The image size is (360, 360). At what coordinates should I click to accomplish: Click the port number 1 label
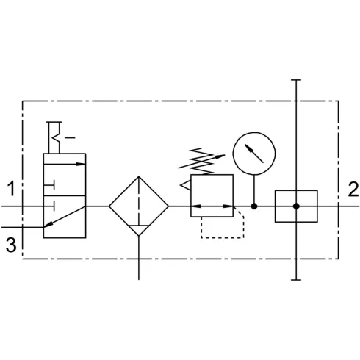pos(11,189)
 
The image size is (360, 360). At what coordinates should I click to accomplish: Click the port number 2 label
pos(353,190)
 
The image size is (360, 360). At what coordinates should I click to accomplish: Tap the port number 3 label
pos(11,245)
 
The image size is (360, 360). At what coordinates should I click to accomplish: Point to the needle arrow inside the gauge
pos(254,154)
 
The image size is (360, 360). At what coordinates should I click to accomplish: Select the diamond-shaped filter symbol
pos(109,206)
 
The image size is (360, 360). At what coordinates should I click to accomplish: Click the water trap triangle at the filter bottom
pos(139,230)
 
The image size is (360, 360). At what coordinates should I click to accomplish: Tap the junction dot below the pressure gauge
pos(254,206)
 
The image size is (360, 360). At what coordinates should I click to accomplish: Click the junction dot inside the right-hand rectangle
pos(296,206)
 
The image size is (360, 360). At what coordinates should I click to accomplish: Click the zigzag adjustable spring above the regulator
pos(201,161)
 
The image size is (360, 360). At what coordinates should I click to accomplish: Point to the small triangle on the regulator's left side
pos(186,185)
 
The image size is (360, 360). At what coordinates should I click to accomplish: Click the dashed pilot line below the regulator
pos(223,237)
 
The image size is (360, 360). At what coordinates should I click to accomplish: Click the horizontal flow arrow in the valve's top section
pos(65,164)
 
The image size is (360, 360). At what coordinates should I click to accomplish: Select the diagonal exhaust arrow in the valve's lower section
pos(65,217)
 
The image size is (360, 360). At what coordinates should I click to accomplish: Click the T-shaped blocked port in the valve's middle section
pos(49,185)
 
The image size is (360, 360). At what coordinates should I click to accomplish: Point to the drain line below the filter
pos(139,258)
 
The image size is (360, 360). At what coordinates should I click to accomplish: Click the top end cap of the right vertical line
pos(296,80)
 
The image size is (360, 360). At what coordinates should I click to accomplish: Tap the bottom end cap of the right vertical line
pos(296,279)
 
